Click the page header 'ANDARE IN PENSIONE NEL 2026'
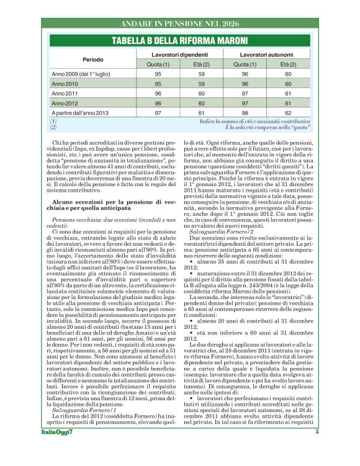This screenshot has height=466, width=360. click(x=180, y=24)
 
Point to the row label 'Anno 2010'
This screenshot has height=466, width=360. click(x=65, y=83)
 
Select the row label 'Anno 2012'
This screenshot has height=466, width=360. click(x=65, y=103)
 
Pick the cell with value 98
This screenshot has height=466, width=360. click(x=245, y=113)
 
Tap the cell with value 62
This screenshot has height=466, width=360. click(x=288, y=113)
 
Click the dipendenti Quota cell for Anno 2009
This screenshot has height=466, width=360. click(x=158, y=73)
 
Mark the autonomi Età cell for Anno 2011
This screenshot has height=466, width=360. click(x=288, y=93)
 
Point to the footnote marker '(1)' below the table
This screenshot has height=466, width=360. click(x=53, y=121)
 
